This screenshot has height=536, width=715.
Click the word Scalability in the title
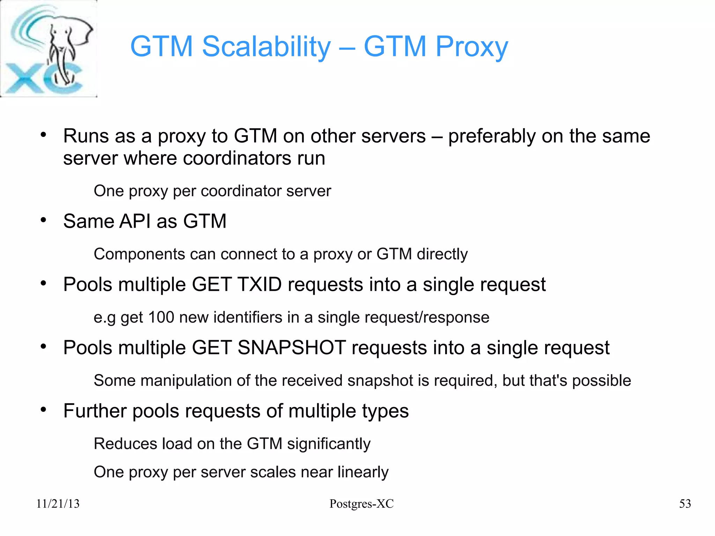(x=266, y=46)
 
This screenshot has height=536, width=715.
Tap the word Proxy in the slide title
(x=472, y=46)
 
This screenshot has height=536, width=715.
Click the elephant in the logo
(x=65, y=49)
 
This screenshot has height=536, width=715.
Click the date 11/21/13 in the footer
(x=58, y=504)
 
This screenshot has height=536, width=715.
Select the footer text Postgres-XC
(x=361, y=504)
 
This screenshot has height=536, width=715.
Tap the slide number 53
(x=685, y=504)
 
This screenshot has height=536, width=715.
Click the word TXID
(x=259, y=284)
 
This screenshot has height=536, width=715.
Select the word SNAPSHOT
(x=292, y=348)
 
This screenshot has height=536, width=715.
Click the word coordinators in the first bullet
(x=237, y=158)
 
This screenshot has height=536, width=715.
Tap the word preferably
(x=492, y=136)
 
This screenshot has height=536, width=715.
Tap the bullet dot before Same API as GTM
(x=43, y=220)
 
